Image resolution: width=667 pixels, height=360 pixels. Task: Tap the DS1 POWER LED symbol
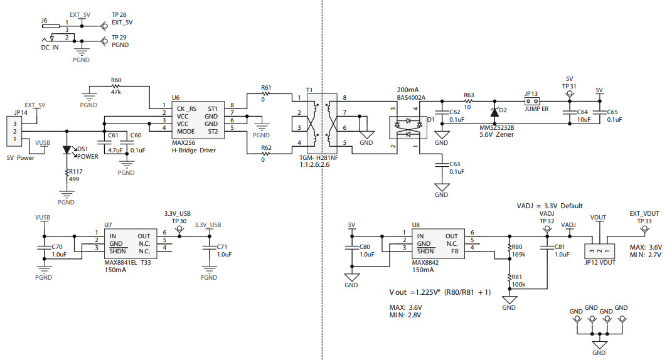[x=67, y=151]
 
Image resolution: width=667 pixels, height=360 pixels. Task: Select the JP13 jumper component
[x=532, y=100]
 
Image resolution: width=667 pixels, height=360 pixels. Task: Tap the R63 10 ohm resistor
[x=468, y=100]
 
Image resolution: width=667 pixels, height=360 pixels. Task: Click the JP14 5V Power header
[x=12, y=131]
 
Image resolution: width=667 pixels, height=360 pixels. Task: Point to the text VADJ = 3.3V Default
[x=550, y=206]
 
